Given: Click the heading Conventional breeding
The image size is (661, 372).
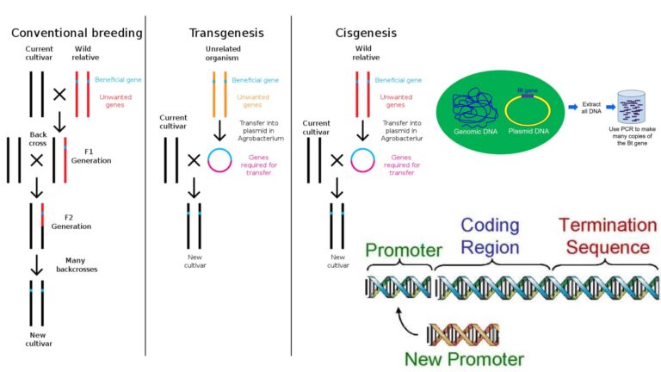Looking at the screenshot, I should [76, 33].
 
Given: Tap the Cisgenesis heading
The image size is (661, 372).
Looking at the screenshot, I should [366, 33].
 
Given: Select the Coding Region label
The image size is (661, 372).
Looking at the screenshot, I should [490, 235].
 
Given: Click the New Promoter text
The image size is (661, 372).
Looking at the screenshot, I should [466, 357].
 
